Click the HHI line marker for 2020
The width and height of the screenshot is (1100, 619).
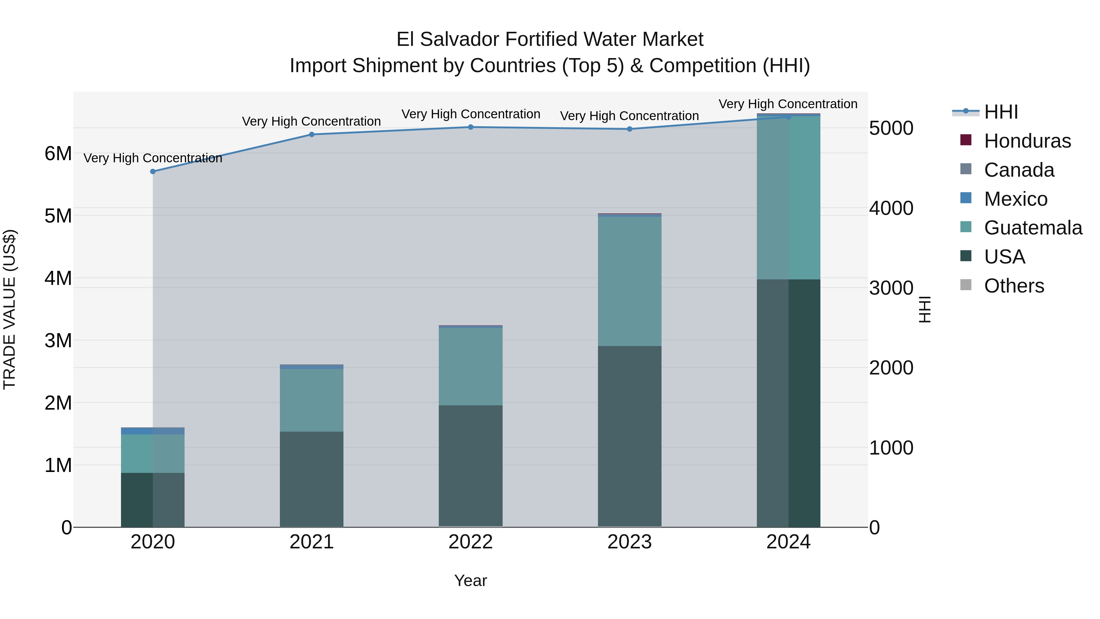tap(153, 171)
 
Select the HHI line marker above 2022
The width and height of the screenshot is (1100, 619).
tap(471, 127)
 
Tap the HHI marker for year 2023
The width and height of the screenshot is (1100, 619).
tap(629, 129)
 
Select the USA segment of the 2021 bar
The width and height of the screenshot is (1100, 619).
tap(312, 478)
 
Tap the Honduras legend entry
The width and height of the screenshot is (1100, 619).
tap(1027, 141)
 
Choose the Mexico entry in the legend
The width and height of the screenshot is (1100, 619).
tap(1015, 199)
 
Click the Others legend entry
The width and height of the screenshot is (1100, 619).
tap(1014, 286)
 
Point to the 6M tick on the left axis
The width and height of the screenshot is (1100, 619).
tap(58, 153)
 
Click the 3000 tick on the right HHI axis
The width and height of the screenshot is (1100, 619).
tap(891, 288)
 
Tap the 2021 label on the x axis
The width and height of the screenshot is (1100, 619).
tap(312, 542)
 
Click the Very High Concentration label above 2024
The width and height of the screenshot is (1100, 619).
tap(788, 104)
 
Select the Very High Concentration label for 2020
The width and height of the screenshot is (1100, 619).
tap(153, 158)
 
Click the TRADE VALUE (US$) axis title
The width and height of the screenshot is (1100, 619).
tap(9, 309)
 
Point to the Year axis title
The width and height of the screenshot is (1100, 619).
tap(471, 580)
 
